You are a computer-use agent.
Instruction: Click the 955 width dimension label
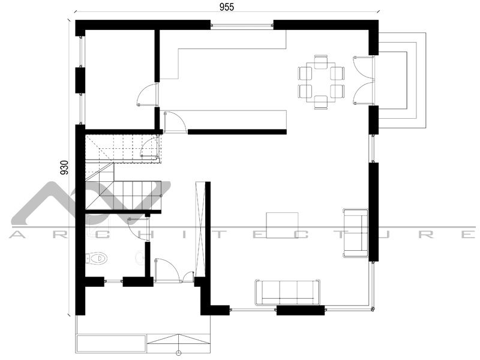tap(227, 7)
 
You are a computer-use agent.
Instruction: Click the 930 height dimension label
tap(64, 167)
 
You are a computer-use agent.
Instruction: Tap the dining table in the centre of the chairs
tap(321, 82)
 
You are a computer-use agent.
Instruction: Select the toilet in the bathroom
tap(97, 258)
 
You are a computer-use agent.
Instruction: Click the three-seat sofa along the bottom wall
tap(287, 292)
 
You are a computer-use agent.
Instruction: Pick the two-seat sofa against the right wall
tap(355, 233)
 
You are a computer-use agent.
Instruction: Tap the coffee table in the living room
tap(282, 225)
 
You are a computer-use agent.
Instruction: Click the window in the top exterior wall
tap(242, 25)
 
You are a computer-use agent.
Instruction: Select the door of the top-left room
tap(148, 95)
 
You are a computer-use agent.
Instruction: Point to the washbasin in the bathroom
tap(140, 257)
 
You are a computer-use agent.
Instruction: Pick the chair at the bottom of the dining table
tap(321, 102)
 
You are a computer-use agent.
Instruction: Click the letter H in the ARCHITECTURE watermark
tap(141, 235)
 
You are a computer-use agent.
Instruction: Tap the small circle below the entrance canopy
tap(178, 353)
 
